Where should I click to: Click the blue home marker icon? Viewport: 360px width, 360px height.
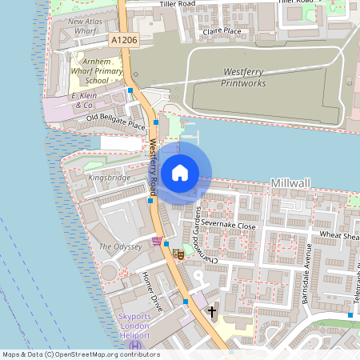pos(179,172)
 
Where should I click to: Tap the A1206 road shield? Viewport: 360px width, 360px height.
pos(124,39)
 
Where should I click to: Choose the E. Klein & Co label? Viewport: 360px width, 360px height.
pos(83,99)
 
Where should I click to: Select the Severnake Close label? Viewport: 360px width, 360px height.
pos(230,226)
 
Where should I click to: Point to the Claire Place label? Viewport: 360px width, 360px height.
pos(222,31)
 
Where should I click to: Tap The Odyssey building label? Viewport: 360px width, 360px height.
pos(120,247)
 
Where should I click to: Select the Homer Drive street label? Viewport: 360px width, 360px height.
pos(152,291)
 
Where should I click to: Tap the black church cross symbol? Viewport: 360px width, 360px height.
pos(212,310)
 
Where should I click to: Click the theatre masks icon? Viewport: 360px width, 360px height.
pos(180,254)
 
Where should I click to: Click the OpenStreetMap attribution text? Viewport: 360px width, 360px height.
pos(80,354)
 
